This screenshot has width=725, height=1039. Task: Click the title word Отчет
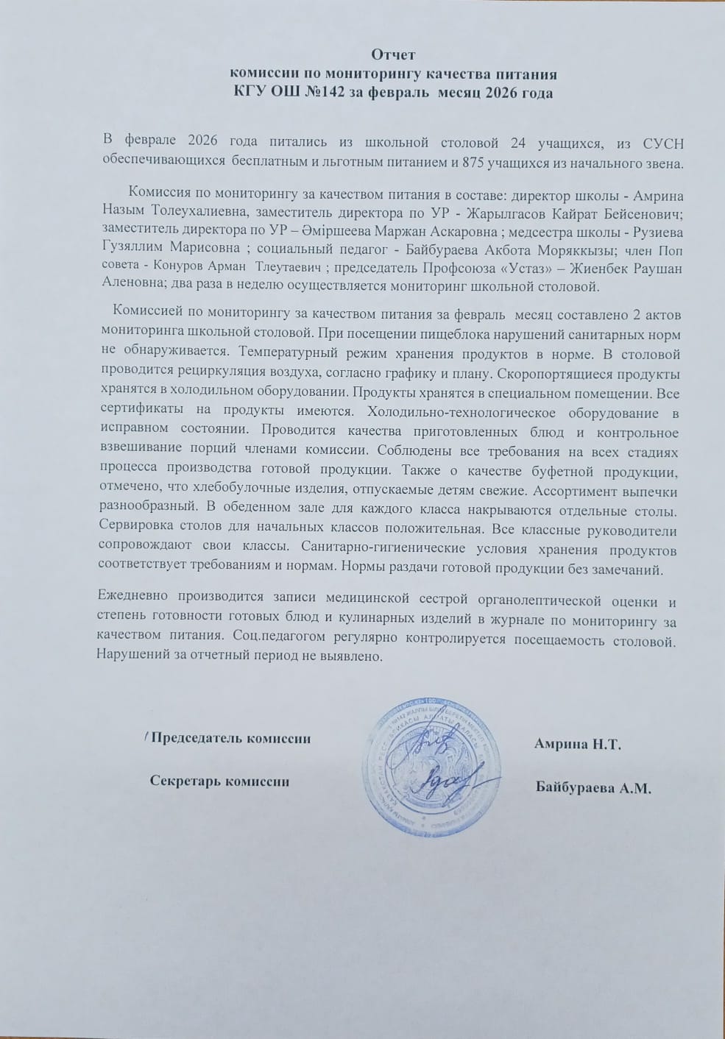coord(393,54)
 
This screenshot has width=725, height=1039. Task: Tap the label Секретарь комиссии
coord(219,781)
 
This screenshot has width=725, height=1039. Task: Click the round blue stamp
coord(424,767)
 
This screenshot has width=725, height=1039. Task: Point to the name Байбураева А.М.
coord(594,788)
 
